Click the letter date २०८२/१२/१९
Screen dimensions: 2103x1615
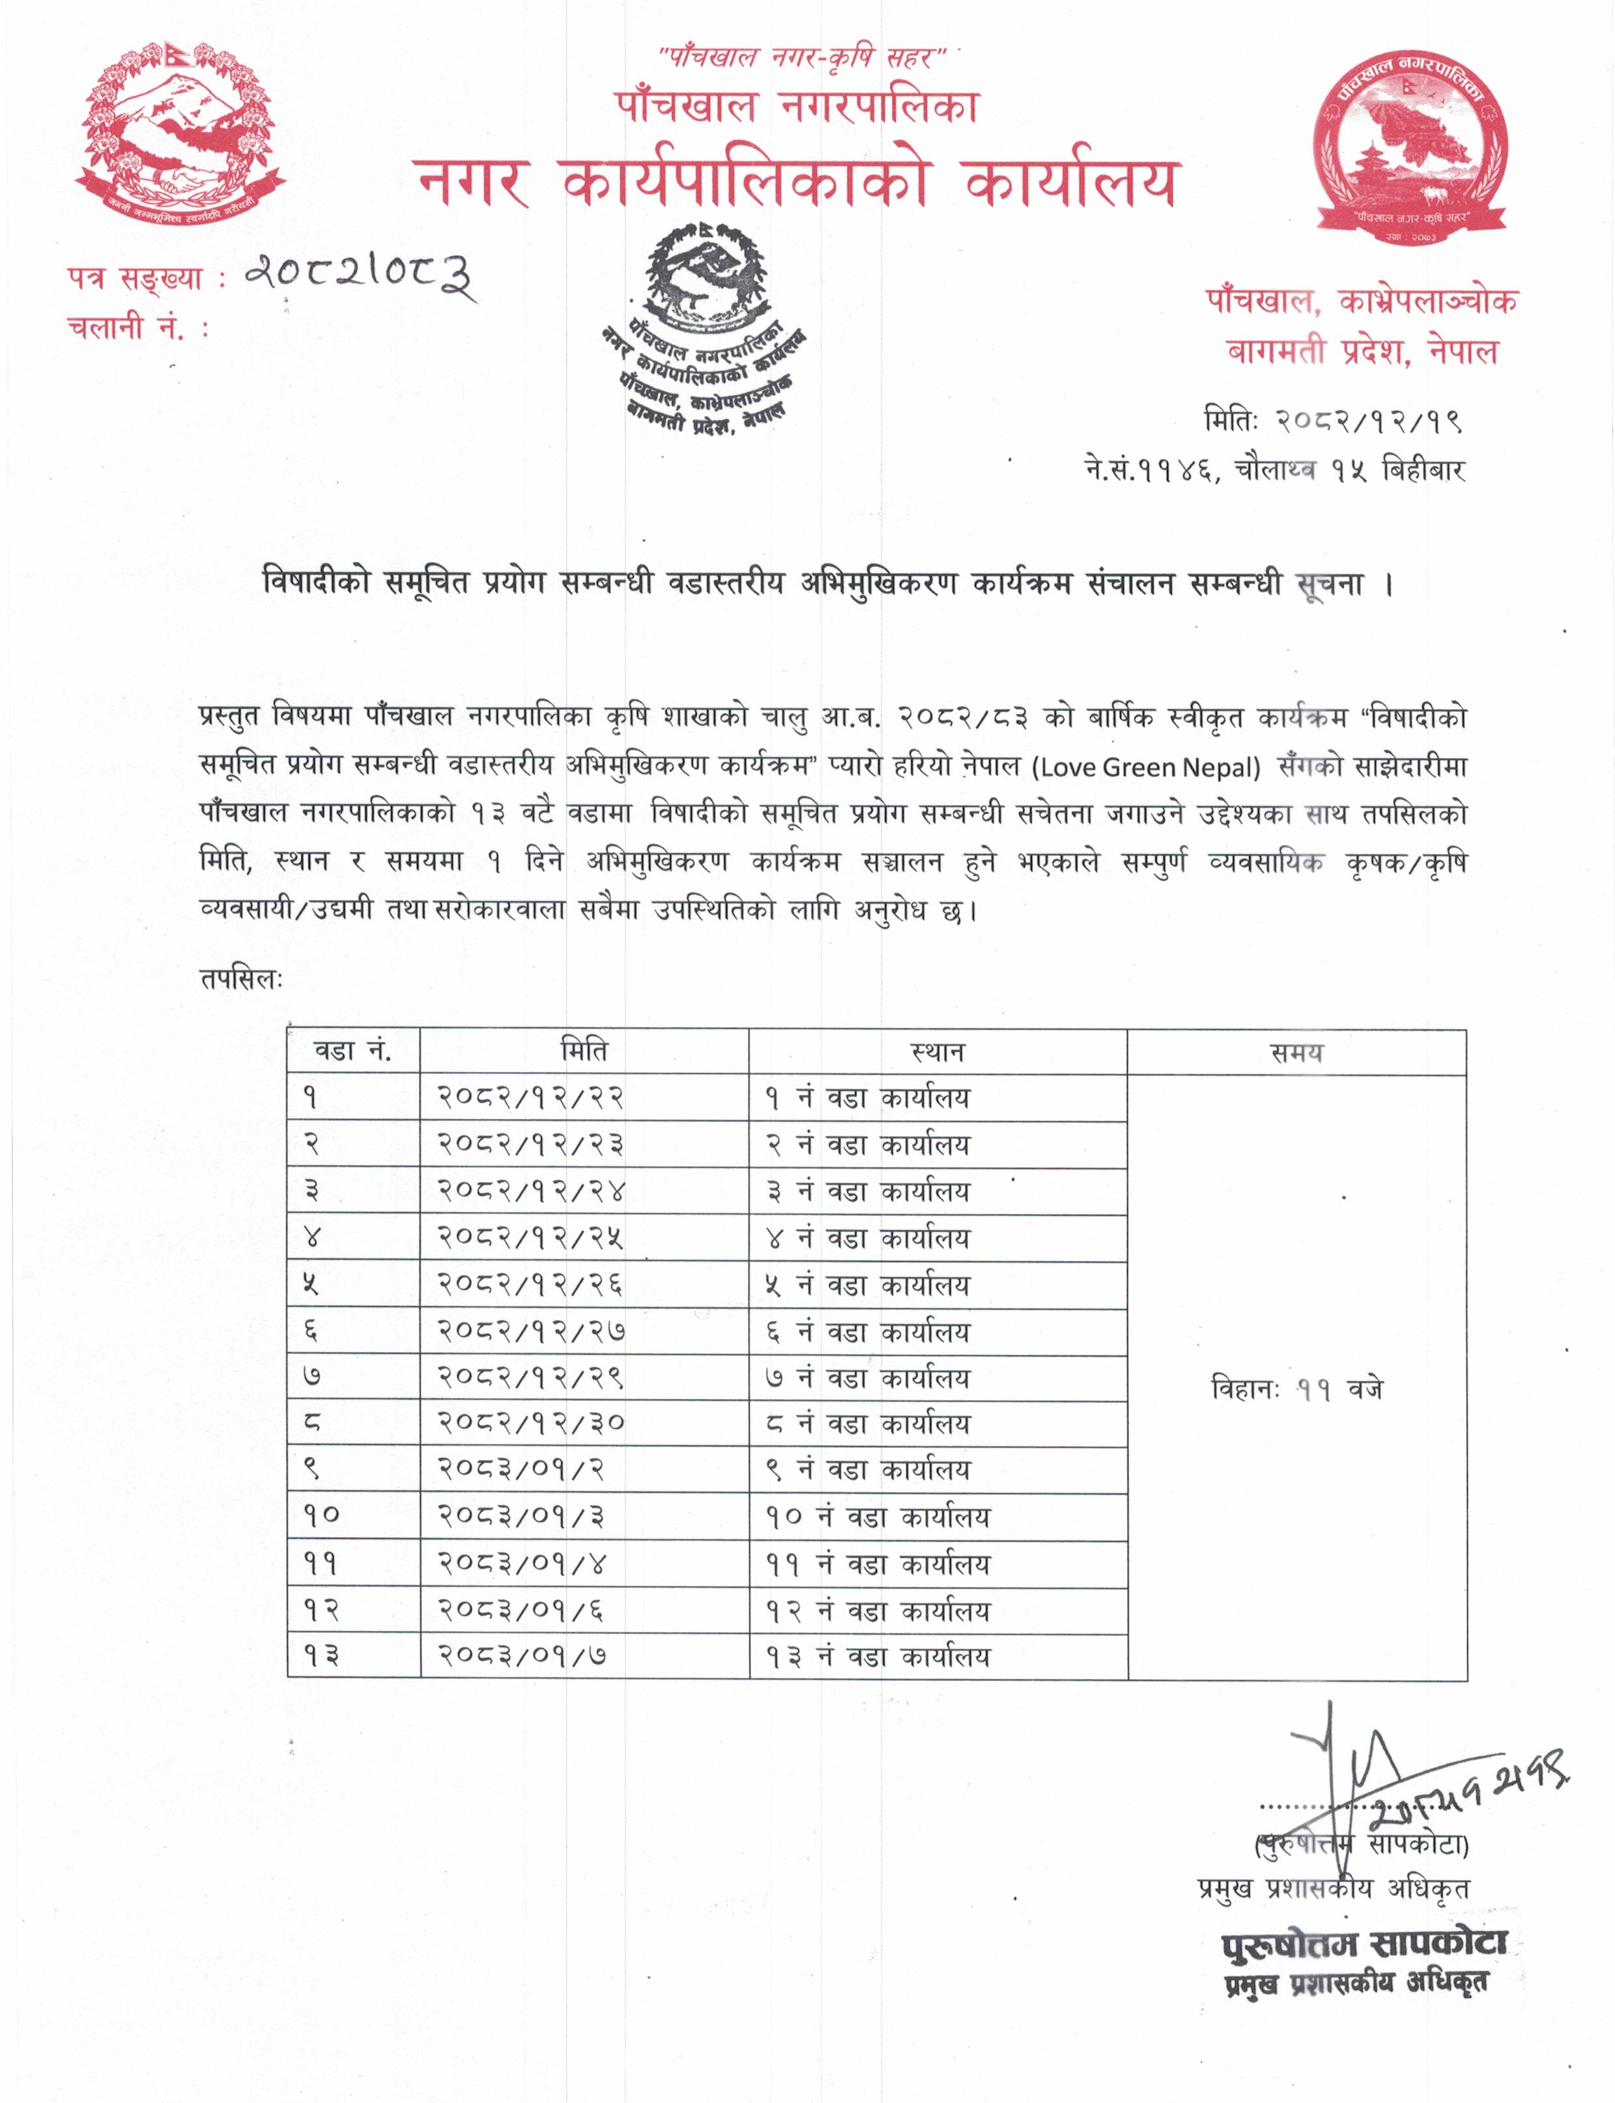click(x=1369, y=421)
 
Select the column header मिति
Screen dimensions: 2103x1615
click(x=584, y=1051)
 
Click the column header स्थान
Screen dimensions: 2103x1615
click(x=937, y=1051)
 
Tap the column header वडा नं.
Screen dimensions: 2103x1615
click(x=353, y=1051)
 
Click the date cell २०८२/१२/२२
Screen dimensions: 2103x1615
click(x=531, y=1097)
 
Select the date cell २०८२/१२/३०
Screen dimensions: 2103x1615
click(x=531, y=1424)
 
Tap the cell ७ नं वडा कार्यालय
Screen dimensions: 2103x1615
click(x=867, y=1378)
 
